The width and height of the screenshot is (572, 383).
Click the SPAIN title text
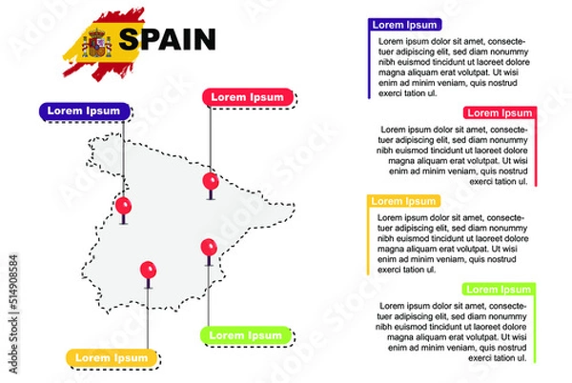(168, 39)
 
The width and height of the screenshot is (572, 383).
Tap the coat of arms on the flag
(98, 42)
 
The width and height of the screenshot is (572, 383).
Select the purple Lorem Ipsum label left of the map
(84, 111)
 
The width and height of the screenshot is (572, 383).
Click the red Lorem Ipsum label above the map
(246, 96)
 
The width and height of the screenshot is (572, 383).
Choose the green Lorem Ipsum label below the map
(245, 335)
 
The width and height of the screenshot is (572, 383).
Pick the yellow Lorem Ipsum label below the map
(111, 357)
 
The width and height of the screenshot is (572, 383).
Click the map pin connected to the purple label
(123, 205)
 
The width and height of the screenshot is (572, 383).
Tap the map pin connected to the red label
(211, 180)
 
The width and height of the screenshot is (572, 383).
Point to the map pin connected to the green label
(209, 247)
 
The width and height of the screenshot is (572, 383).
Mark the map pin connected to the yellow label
(147, 271)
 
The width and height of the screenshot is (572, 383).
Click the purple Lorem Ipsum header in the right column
(405, 25)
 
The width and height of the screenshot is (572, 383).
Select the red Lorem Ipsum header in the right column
(500, 112)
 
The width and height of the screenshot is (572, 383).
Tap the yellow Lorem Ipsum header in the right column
(403, 201)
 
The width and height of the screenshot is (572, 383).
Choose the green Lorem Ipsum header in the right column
(497, 289)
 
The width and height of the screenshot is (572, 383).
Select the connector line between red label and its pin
(211, 138)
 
